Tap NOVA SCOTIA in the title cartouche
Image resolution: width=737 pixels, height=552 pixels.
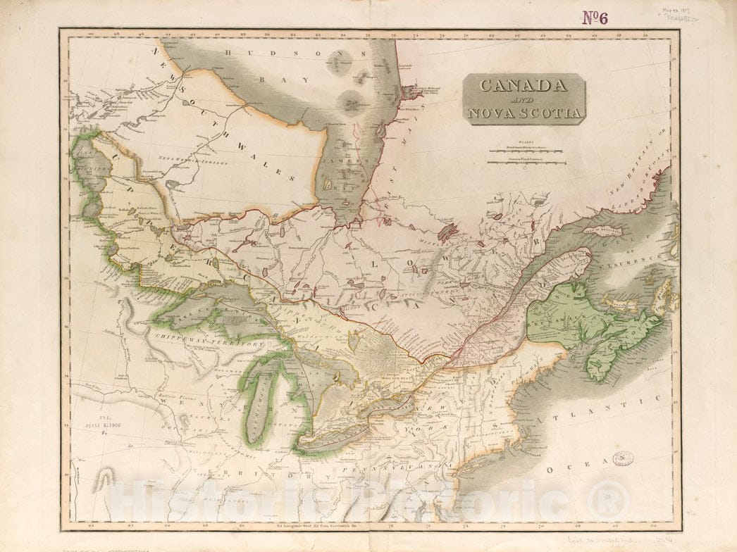[x=524, y=113]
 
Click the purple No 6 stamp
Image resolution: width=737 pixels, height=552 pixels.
[x=595, y=18]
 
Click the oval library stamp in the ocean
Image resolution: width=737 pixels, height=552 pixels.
[x=622, y=458]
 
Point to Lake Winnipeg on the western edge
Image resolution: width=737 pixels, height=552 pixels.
[x=87, y=176]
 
